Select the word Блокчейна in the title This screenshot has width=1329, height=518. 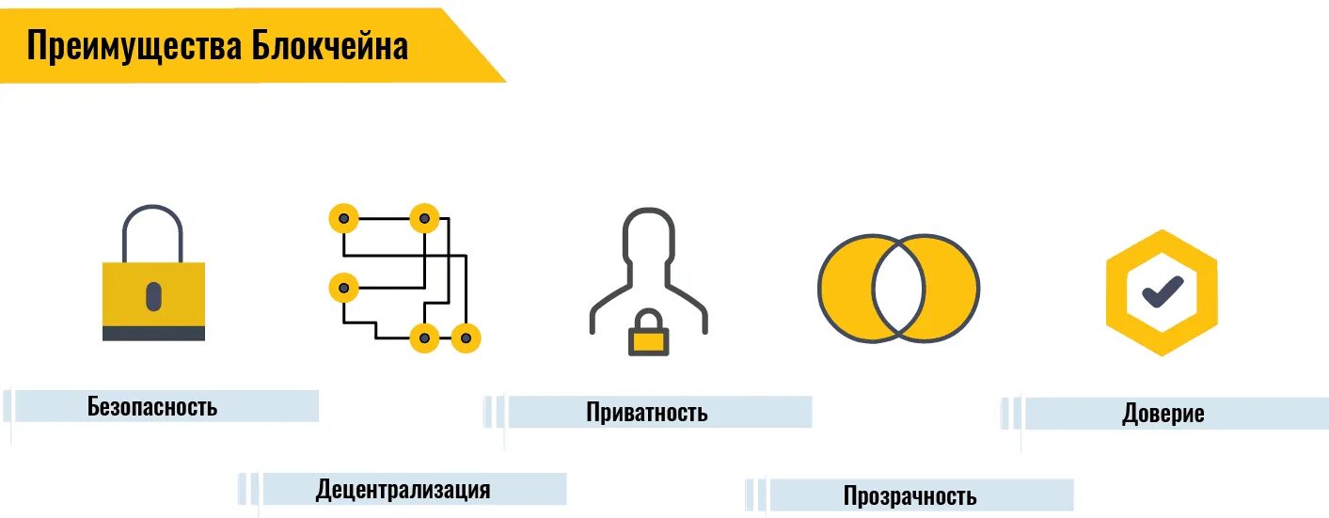pos(330,45)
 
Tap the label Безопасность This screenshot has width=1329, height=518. pos(152,406)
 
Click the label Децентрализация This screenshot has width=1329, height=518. pos(403,489)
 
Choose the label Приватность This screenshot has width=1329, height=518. pos(647,412)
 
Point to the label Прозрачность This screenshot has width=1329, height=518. pos(910,495)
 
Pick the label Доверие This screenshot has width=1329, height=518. pos(1163,414)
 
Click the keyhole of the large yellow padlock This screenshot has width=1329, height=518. pos(153,294)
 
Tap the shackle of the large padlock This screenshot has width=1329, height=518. pos(152,226)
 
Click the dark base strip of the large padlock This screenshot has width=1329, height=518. pos(153,333)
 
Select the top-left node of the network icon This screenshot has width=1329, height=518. pos(344,219)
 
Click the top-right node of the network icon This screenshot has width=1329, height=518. pos(424,219)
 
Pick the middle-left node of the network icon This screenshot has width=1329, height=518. pos(344,287)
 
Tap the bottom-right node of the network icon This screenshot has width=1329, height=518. pos(466,337)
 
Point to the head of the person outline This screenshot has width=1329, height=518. pos(649,235)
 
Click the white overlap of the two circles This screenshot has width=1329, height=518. pos(899,287)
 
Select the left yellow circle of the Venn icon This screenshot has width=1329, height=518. pos(845,287)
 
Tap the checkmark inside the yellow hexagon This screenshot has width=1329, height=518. pos(1163,292)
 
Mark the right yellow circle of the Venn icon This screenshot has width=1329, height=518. pos(954,287)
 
